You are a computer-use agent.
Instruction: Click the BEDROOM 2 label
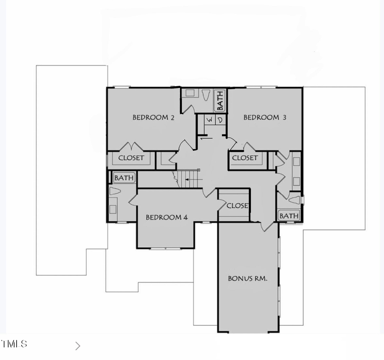[153, 117]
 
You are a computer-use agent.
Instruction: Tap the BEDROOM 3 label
[265, 117]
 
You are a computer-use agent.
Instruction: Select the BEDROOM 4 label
[167, 217]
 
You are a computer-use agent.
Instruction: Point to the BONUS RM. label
[247, 278]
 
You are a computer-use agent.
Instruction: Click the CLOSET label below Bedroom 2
[131, 158]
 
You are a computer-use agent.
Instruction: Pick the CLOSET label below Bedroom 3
[245, 158]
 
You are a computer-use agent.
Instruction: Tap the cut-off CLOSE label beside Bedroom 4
[237, 205]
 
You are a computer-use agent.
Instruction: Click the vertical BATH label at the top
[220, 100]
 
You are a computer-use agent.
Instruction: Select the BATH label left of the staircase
[124, 178]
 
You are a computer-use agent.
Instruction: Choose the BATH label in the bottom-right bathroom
[289, 216]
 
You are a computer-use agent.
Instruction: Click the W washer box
[209, 120]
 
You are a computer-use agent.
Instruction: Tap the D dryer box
[220, 120]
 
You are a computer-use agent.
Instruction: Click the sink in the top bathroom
[191, 92]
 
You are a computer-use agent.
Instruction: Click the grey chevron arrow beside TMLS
[78, 346]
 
